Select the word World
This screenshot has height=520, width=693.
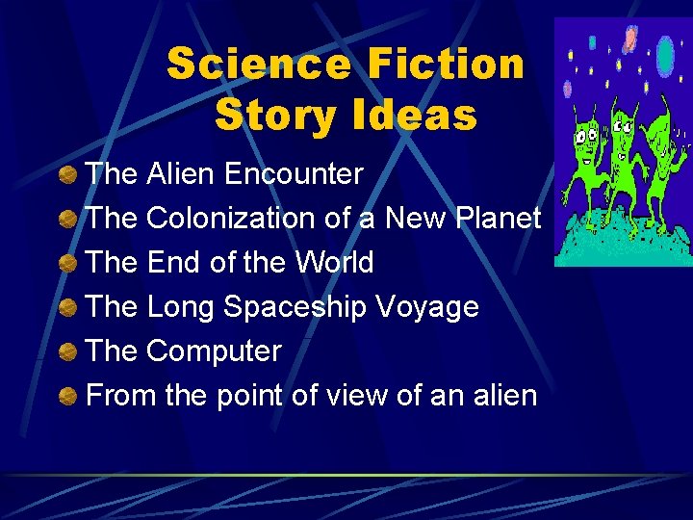pyautogui.click(x=334, y=262)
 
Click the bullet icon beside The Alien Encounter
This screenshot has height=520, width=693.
pyautogui.click(x=68, y=175)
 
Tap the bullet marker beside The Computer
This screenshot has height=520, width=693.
pyautogui.click(x=68, y=352)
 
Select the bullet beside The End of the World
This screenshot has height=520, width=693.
pyautogui.click(x=68, y=264)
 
